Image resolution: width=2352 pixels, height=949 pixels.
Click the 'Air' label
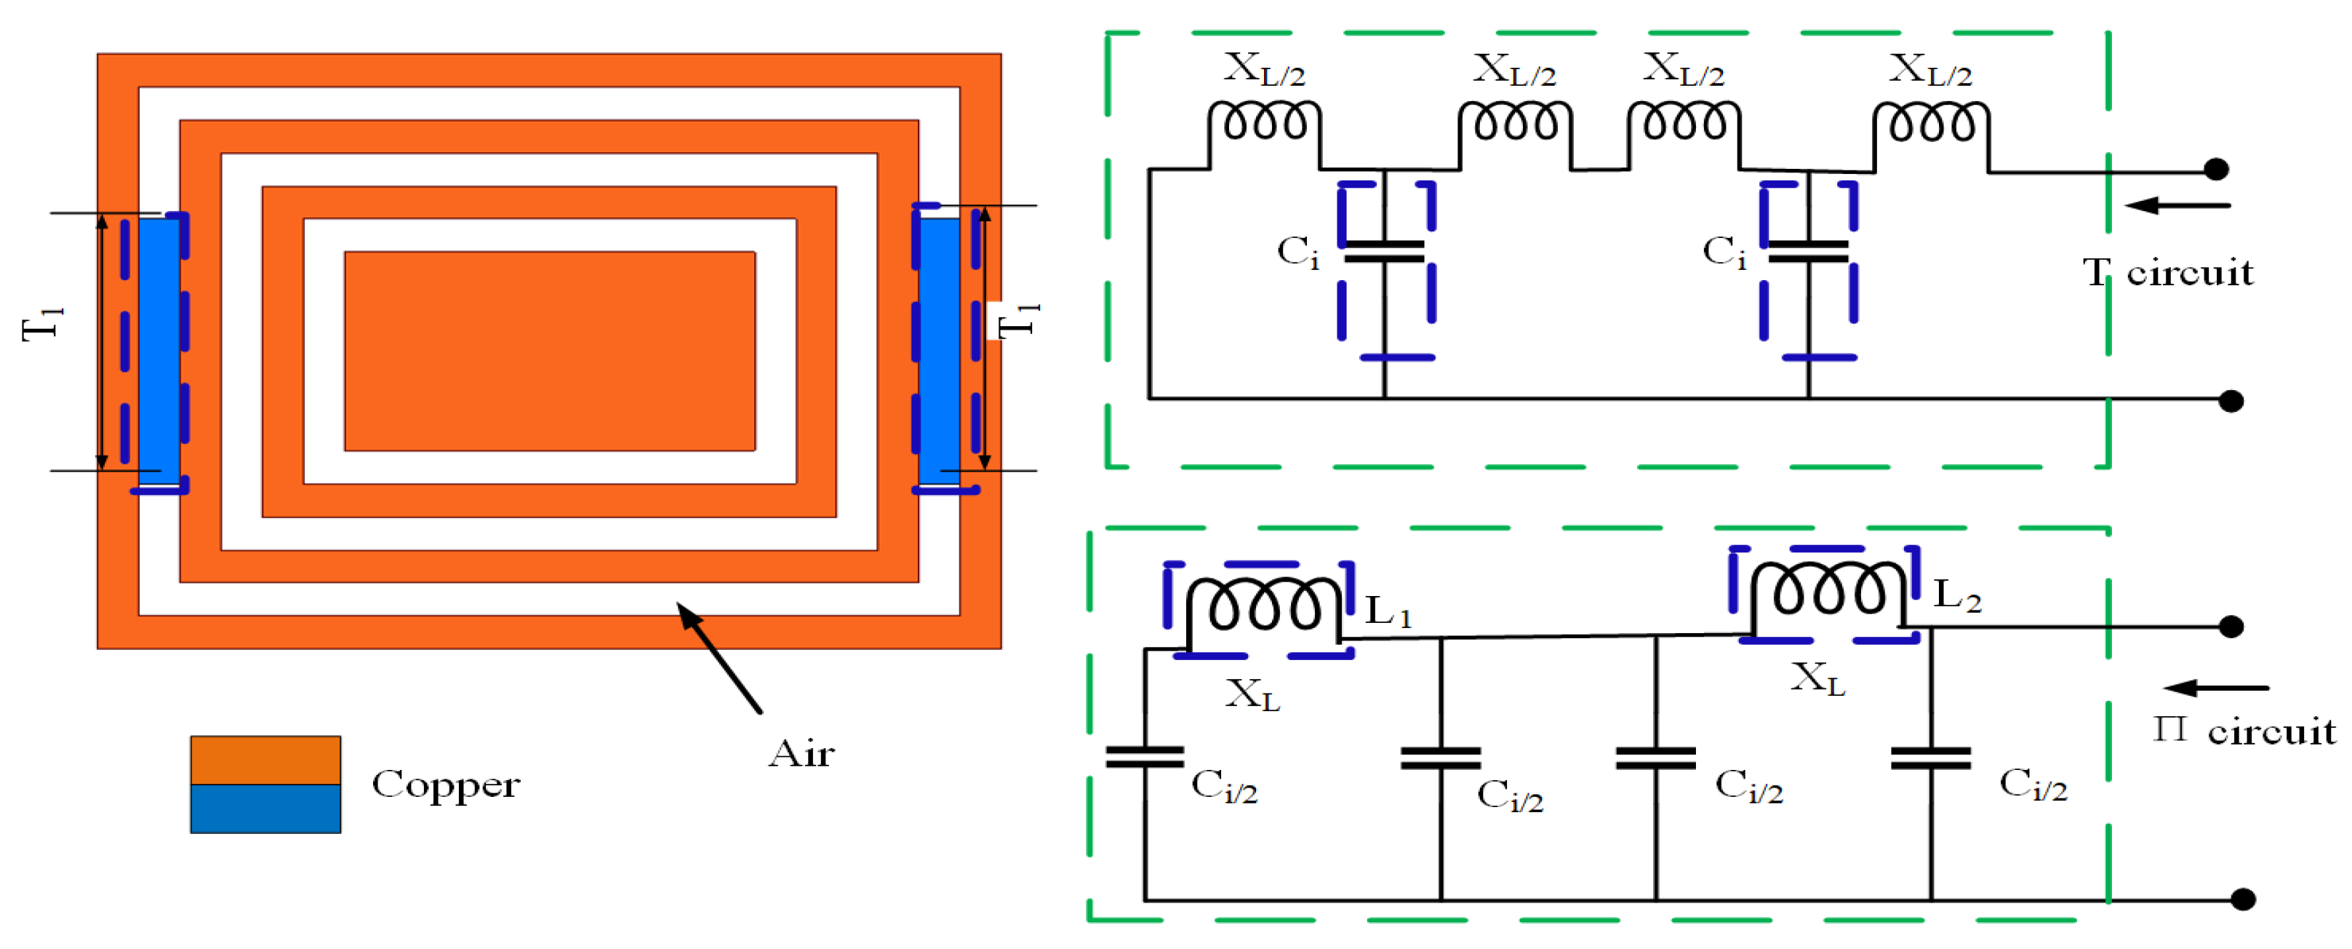click(x=801, y=753)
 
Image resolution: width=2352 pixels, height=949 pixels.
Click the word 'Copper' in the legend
click(x=446, y=784)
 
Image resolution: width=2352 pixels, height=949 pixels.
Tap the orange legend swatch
click(x=265, y=760)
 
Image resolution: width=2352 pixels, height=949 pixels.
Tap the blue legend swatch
click(x=265, y=809)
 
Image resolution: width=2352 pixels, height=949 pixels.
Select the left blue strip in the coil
click(x=158, y=347)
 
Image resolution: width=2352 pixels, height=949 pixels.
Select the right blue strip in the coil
click(x=939, y=347)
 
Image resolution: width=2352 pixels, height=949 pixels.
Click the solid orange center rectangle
click(x=550, y=351)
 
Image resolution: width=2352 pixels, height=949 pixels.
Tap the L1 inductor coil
click(x=1263, y=605)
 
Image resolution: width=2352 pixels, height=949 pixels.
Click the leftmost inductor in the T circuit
click(x=1264, y=122)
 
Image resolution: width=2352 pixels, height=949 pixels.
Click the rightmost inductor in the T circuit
click(x=1930, y=122)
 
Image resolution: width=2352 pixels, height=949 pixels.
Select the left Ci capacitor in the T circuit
click(x=1384, y=251)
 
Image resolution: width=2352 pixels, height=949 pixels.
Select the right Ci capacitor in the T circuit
click(x=1808, y=251)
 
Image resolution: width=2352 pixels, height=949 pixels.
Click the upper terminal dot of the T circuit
click(x=2216, y=169)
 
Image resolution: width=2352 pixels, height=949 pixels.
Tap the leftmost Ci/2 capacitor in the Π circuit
click(x=1144, y=756)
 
